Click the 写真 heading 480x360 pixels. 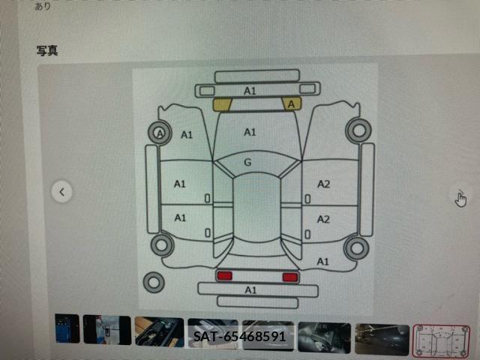47,51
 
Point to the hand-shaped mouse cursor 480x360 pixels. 460,199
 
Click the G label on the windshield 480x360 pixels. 247,162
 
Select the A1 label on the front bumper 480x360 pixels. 250,91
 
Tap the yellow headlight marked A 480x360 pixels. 292,104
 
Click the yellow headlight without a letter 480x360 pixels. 222,105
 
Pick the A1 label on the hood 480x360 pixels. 250,132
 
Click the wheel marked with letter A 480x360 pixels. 160,133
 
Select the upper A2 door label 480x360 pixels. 323,184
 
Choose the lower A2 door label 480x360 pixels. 323,219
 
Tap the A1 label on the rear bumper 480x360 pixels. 250,289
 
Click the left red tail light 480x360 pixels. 225,276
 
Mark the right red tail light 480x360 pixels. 290,277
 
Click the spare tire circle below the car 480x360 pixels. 154,282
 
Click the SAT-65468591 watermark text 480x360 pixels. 239,337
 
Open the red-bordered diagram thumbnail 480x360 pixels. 441,341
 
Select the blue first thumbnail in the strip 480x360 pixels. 67,328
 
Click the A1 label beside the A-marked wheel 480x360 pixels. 187,135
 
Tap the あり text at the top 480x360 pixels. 43,6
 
